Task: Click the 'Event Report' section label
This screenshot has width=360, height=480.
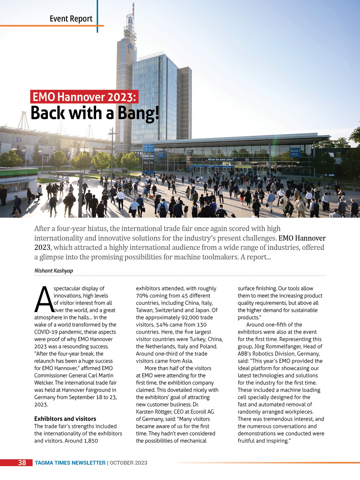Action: tap(71, 19)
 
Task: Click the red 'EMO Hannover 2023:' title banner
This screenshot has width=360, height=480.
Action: tap(84, 97)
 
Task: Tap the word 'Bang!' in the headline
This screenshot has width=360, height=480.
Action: tap(138, 113)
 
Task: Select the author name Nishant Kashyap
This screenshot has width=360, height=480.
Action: tap(54, 270)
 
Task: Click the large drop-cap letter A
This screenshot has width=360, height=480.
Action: tap(44, 299)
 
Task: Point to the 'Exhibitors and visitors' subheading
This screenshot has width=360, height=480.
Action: tap(65, 419)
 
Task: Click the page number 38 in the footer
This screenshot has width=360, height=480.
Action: tap(22, 463)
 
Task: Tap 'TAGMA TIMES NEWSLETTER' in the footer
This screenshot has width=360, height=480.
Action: tap(70, 463)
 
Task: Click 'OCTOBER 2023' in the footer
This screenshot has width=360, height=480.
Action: tap(128, 463)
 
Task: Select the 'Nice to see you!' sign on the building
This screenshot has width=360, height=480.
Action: tap(221, 159)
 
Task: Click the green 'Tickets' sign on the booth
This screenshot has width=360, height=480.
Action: tap(22, 172)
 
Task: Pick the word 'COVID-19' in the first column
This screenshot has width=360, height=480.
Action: tap(46, 332)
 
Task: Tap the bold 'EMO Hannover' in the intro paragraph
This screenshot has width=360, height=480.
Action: tap(302, 238)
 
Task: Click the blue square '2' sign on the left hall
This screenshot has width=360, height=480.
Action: tap(19, 140)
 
